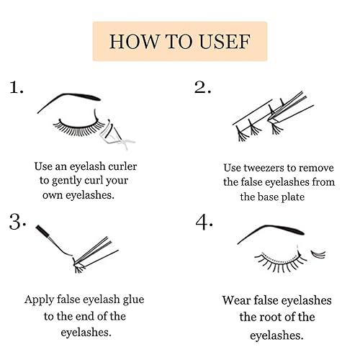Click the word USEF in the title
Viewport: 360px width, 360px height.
220,41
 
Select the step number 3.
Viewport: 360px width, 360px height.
18,222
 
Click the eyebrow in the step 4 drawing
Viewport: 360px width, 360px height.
270,233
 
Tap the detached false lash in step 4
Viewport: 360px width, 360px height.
317,253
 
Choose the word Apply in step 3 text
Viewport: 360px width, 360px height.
40,300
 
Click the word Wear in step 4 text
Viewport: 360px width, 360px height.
237,300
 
